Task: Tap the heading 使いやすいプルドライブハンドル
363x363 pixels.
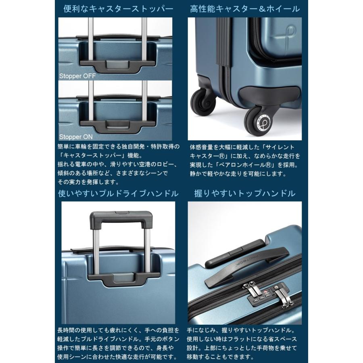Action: (119, 194)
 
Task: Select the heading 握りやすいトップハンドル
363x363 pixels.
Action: (245, 194)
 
